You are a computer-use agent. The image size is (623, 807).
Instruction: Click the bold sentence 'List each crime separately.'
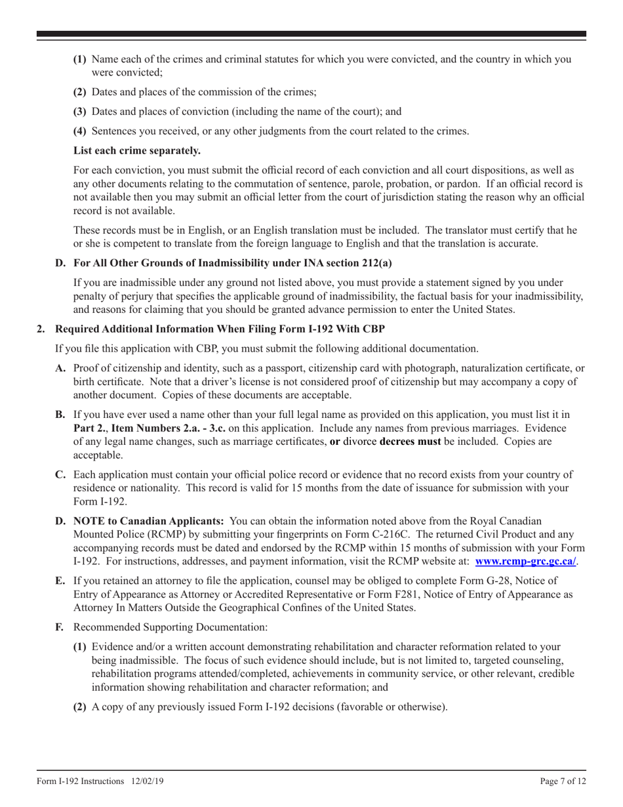coord(137,150)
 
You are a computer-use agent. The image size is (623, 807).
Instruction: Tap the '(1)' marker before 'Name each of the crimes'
coord(79,59)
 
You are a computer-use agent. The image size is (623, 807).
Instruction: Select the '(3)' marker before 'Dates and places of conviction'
coord(79,112)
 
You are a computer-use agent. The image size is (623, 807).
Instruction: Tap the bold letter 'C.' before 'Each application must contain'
coord(60,474)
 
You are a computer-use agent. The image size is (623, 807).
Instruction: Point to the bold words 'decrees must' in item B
coord(410,442)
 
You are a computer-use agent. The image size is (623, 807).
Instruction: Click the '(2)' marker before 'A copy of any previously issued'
coord(79,707)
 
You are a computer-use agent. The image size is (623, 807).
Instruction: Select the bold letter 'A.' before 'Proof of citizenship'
coord(60,368)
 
